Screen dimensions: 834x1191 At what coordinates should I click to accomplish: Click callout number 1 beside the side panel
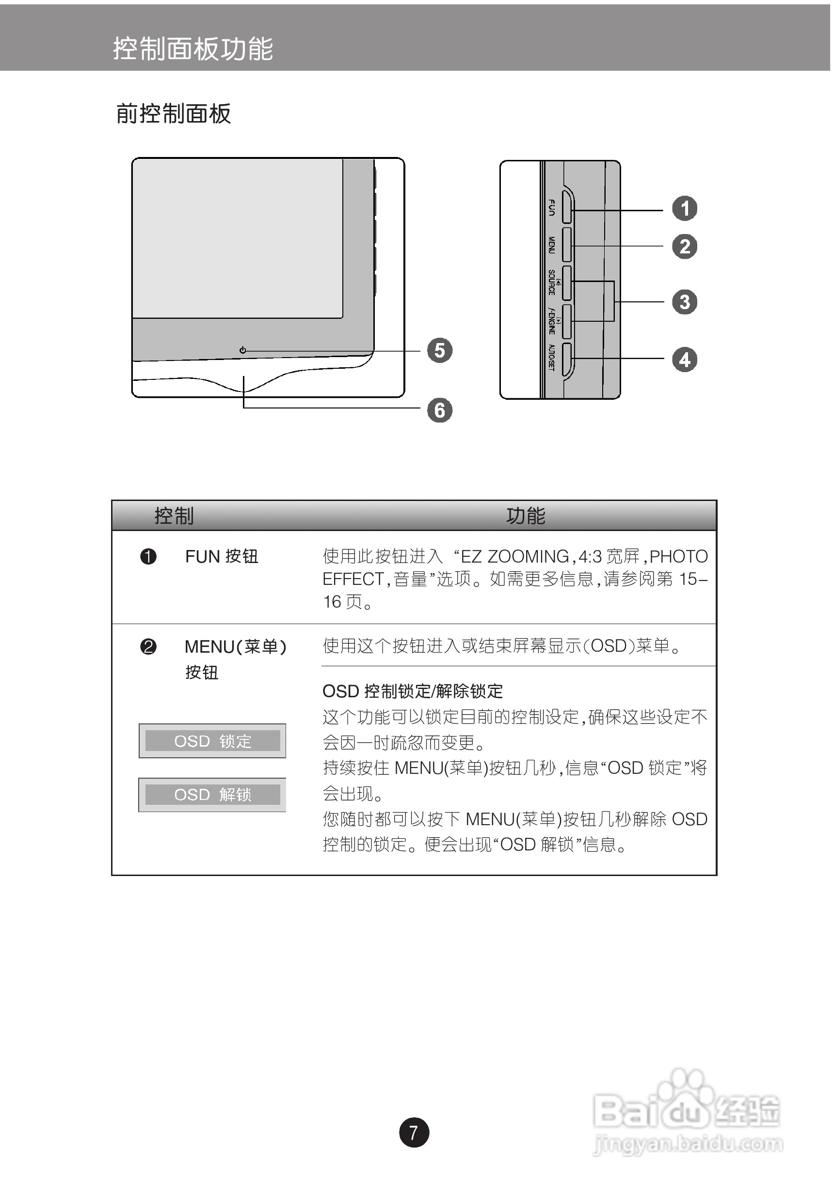pos(685,208)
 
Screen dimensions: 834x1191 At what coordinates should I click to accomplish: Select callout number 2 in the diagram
pos(685,247)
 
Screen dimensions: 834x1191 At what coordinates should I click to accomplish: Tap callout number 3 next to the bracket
pos(685,302)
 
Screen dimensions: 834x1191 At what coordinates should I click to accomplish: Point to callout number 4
pos(685,360)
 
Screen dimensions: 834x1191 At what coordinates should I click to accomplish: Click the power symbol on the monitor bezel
pos(243,351)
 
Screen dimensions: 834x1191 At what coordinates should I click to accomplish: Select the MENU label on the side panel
pos(552,245)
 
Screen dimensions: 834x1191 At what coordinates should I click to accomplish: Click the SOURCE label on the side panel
pos(552,282)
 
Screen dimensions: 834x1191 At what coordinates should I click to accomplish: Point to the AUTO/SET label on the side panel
pos(552,358)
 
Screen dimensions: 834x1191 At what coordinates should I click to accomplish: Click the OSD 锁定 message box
pos(212,741)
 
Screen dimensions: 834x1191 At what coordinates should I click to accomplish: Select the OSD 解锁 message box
pos(212,794)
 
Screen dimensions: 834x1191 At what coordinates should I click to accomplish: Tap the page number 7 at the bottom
pos(414,1132)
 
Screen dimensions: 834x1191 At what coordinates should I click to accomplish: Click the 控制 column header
pos(174,516)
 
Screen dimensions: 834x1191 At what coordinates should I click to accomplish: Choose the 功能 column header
pos(525,516)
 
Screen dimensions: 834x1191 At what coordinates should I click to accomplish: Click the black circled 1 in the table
pos(148,557)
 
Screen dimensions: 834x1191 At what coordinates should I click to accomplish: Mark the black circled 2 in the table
pos(148,647)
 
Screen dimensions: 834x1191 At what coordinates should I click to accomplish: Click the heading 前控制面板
pos(173,113)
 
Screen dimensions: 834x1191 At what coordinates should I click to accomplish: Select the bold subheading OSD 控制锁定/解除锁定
pos(413,691)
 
